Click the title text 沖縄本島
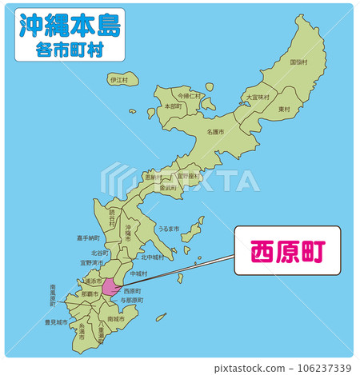pyautogui.click(x=69, y=26)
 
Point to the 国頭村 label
pyautogui.click(x=298, y=62)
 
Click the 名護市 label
pyautogui.click(x=215, y=131)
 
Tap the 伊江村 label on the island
pyautogui.click(x=119, y=80)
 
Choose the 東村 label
pyautogui.click(x=284, y=109)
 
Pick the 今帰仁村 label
pyautogui.click(x=190, y=95)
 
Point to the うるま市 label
pyautogui.click(x=169, y=228)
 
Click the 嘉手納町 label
pyautogui.click(x=89, y=237)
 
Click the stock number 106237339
pyautogui.click(x=318, y=368)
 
